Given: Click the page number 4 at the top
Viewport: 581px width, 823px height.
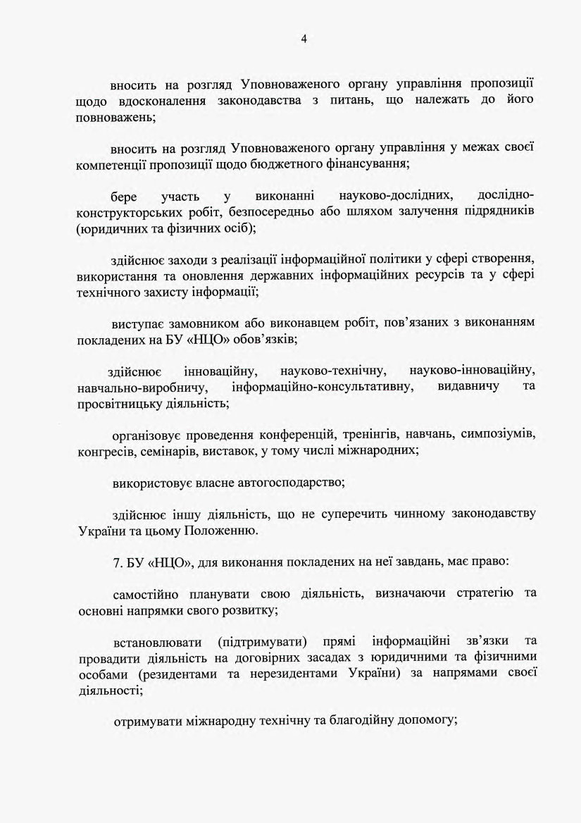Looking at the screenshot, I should coord(304,39).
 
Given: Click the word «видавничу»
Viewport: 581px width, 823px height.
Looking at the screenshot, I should coord(468,387).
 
